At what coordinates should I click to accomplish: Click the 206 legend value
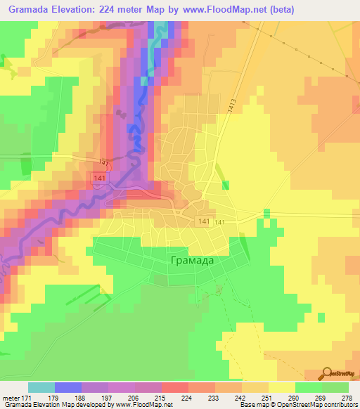pos(134,398)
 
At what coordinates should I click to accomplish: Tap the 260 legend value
pos(295,398)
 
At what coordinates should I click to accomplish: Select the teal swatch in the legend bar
pos(41,387)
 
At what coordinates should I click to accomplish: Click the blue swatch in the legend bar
pos(68,387)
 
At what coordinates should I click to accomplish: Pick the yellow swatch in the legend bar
pos(281,387)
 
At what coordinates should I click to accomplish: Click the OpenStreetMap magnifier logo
pos(328,372)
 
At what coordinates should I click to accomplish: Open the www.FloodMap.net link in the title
pos(221,9)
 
